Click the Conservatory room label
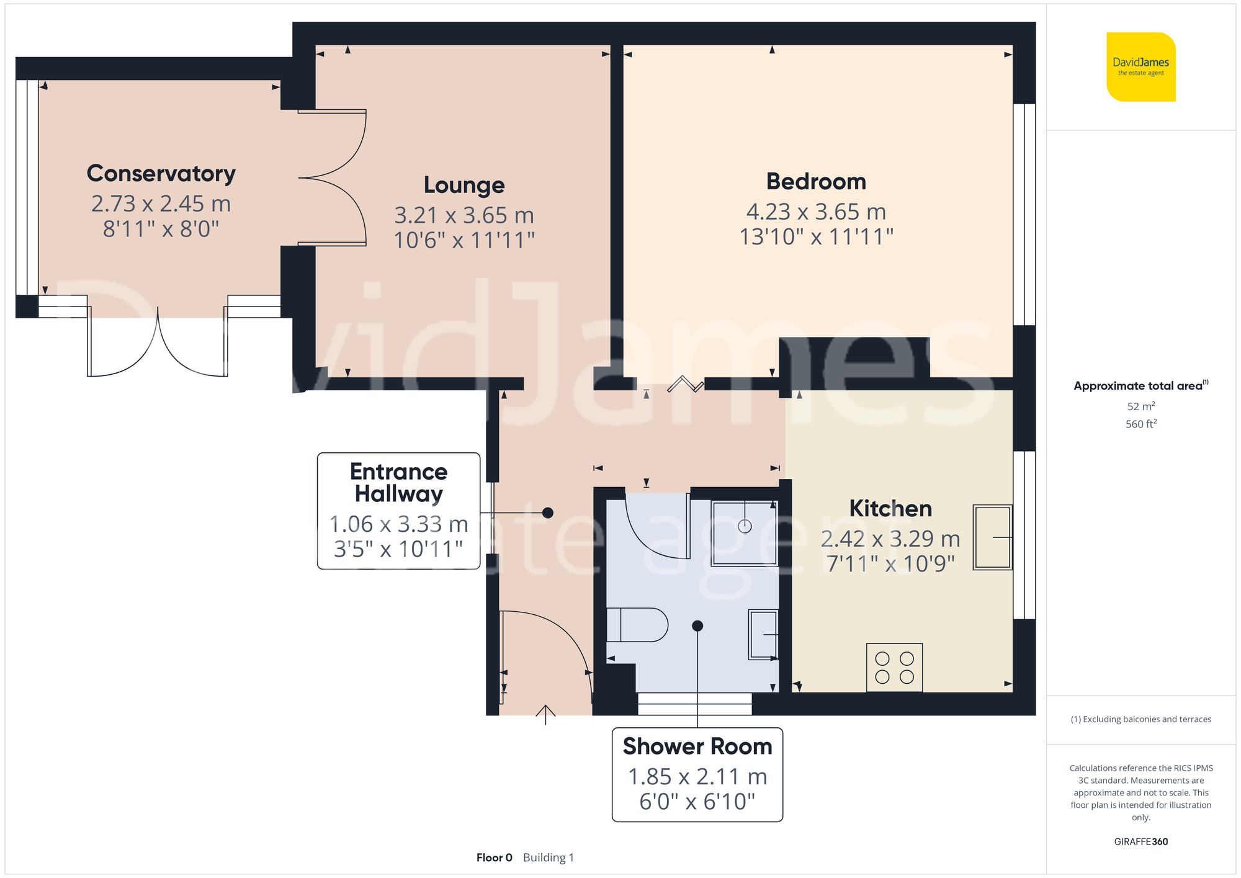[161, 173]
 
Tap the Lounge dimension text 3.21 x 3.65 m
[464, 215]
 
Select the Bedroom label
[816, 181]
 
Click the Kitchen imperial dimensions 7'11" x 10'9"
[890, 563]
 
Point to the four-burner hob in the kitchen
[894, 668]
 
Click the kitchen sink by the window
[992, 537]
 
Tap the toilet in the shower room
[637, 625]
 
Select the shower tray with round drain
[745, 533]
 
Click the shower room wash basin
[763, 634]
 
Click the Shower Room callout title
[697, 746]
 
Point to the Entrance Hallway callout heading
[398, 483]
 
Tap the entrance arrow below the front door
[545, 714]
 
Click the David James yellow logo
[1140, 67]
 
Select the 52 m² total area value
[1140, 406]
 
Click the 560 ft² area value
[1140, 424]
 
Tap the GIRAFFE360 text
[1140, 841]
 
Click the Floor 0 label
[494, 858]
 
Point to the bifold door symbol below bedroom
[685, 384]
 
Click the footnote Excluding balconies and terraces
[1140, 719]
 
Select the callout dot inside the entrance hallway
[548, 513]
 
